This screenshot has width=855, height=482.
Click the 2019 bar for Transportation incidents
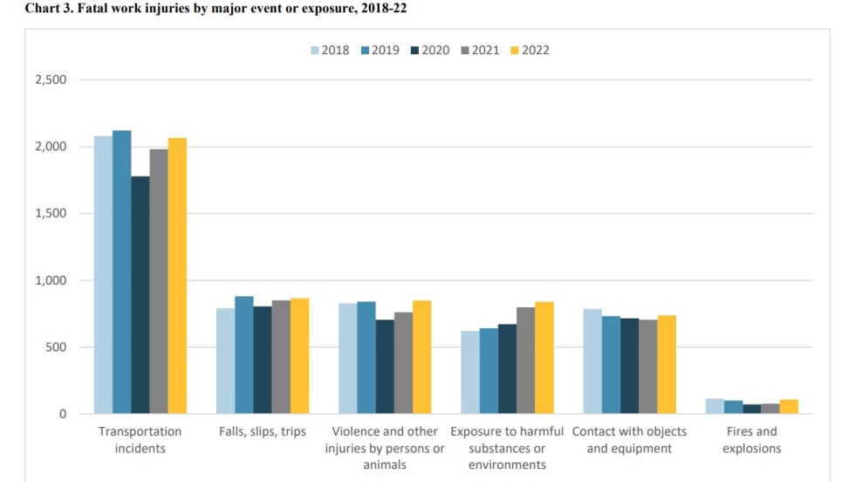tap(121, 272)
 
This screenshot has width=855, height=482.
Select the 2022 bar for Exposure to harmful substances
tap(544, 358)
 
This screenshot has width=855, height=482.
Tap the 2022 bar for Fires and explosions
tap(789, 407)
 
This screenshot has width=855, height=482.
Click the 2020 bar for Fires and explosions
tap(751, 409)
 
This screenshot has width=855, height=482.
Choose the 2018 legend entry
tap(329, 50)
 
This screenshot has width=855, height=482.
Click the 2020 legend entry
tap(429, 50)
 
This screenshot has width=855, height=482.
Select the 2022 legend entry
tap(530, 50)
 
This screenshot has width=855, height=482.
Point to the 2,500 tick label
tap(50, 80)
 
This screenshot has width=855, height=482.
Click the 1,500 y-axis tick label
tap(50, 214)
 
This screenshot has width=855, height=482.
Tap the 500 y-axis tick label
tap(57, 348)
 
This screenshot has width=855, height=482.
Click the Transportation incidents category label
tap(140, 440)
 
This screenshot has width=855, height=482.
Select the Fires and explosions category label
tap(751, 440)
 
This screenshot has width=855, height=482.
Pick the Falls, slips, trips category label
tap(262, 431)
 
